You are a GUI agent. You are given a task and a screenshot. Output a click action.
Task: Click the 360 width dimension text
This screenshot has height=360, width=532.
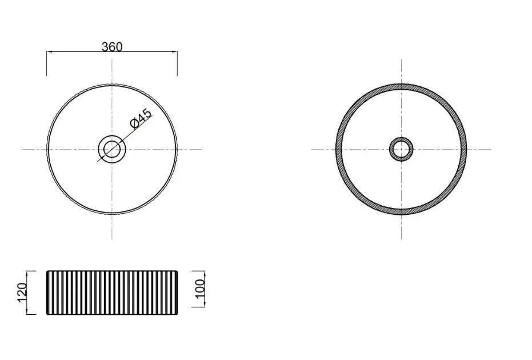(x=112, y=47)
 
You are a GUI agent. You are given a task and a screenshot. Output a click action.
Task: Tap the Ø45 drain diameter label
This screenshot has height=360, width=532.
(x=141, y=119)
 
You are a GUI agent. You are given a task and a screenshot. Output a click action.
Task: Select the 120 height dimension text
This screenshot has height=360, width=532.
(x=22, y=292)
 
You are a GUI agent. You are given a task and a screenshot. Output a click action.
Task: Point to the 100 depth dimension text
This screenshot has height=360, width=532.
(x=201, y=289)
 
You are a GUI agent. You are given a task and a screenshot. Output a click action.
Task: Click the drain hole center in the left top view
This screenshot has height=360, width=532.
(x=112, y=149)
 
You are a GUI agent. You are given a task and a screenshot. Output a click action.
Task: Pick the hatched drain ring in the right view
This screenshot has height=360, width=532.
(x=401, y=138)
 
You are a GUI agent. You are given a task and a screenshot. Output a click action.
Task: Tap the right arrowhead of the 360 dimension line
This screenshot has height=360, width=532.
(x=174, y=52)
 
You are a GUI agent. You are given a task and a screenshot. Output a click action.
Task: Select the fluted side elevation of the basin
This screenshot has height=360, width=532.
(x=112, y=293)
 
